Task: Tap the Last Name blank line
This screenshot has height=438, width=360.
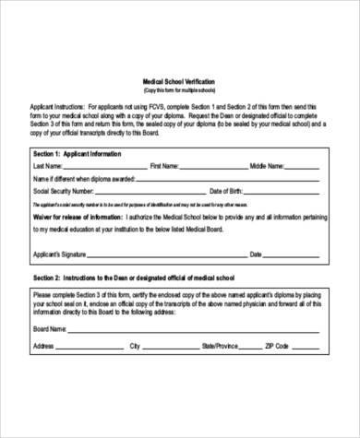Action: click(x=102, y=169)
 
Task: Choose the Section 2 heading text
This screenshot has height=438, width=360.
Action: click(x=138, y=278)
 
